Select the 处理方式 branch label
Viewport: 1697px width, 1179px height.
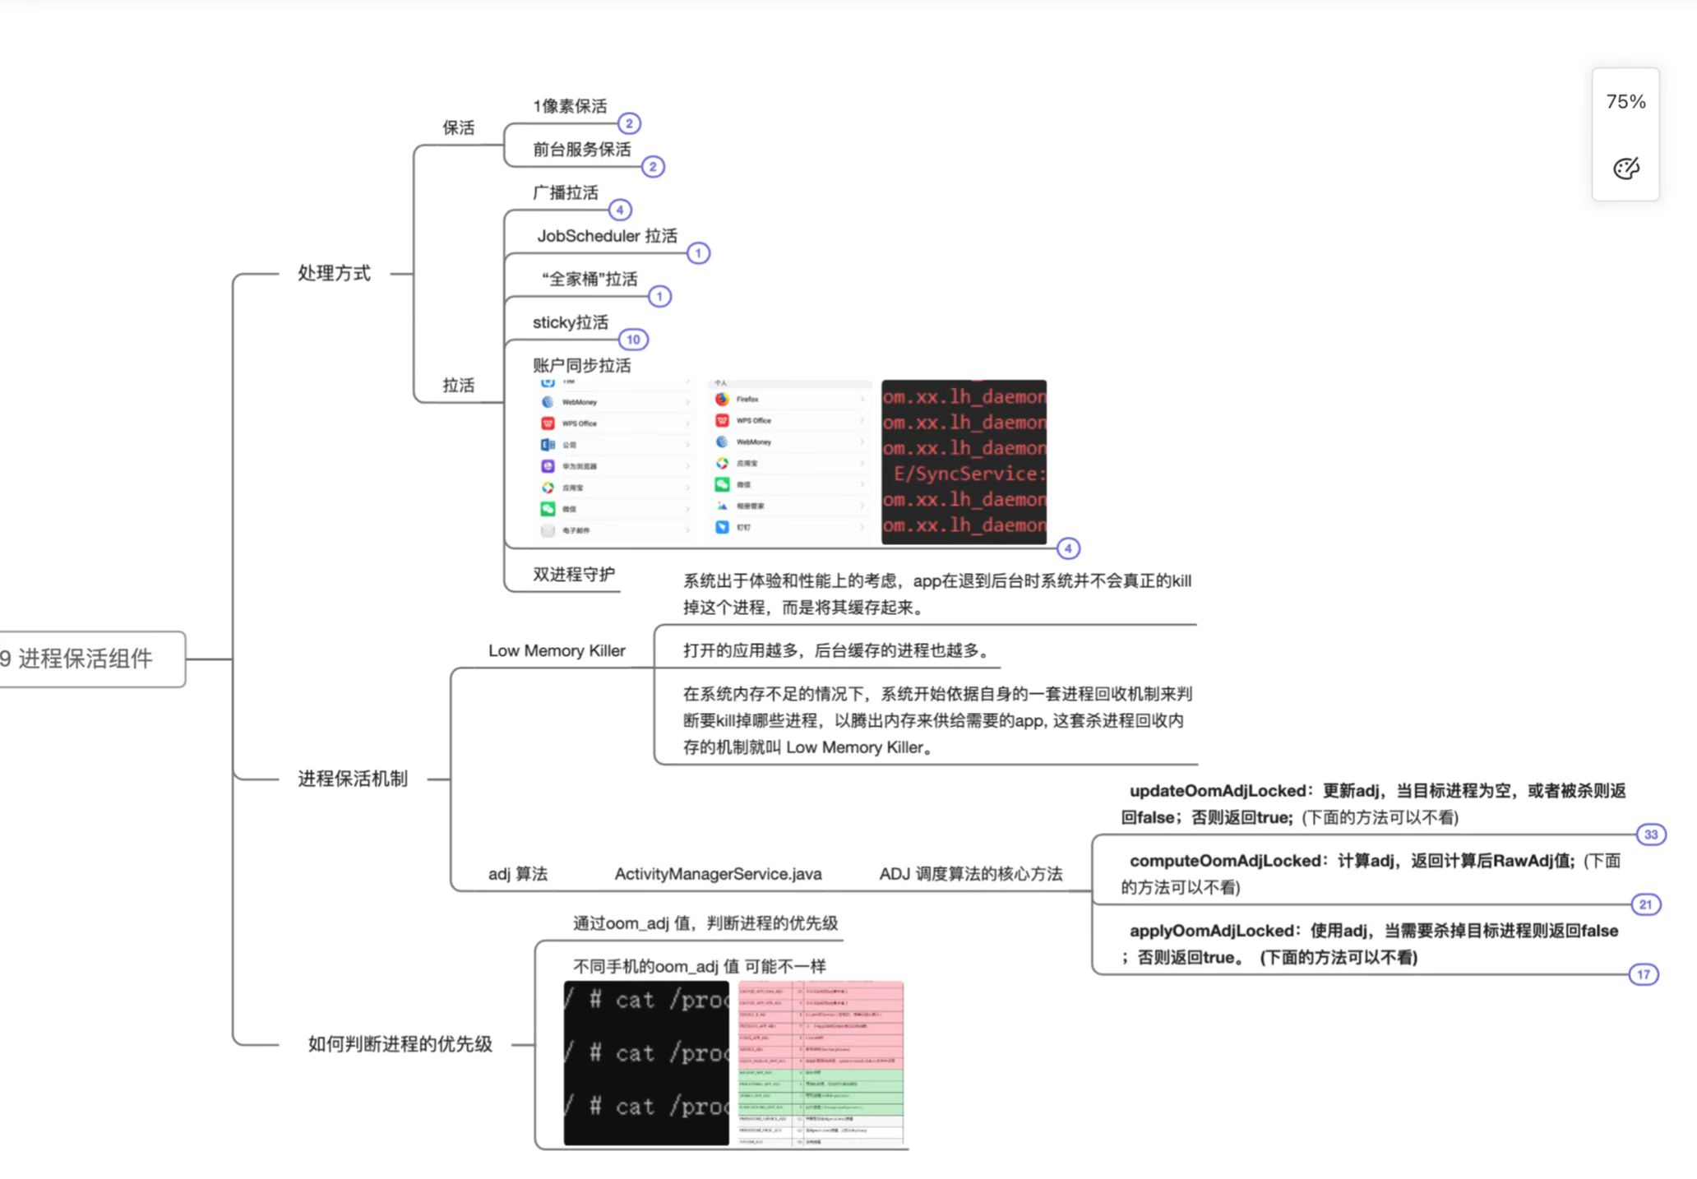pyautogui.click(x=334, y=273)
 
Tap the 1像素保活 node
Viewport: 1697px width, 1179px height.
pyautogui.click(x=570, y=106)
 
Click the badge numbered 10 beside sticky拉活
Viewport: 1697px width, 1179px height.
pyautogui.click(x=633, y=340)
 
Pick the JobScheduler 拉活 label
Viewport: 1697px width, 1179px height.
pyautogui.click(x=607, y=236)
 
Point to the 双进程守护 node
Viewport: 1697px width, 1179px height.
pyautogui.click(x=573, y=574)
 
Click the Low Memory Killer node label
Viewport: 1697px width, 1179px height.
pyautogui.click(x=557, y=650)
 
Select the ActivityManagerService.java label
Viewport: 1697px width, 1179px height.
pyautogui.click(x=718, y=874)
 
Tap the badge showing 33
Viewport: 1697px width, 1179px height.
pyautogui.click(x=1651, y=835)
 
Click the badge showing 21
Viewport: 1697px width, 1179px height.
pyautogui.click(x=1645, y=904)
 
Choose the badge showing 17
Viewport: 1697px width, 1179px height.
pyautogui.click(x=1643, y=974)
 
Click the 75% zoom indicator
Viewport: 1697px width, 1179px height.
pyautogui.click(x=1625, y=102)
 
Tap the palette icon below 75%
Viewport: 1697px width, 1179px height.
pyautogui.click(x=1625, y=169)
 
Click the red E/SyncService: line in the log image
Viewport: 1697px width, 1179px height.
pyautogui.click(x=969, y=474)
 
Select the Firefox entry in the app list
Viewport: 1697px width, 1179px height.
pyautogui.click(x=747, y=400)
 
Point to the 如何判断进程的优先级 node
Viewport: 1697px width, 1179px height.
pyautogui.click(x=400, y=1044)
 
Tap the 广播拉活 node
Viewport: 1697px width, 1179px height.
pyautogui.click(x=565, y=192)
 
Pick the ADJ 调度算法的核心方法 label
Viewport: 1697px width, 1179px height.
pyautogui.click(x=970, y=874)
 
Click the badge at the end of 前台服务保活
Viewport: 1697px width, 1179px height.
pyautogui.click(x=653, y=167)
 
